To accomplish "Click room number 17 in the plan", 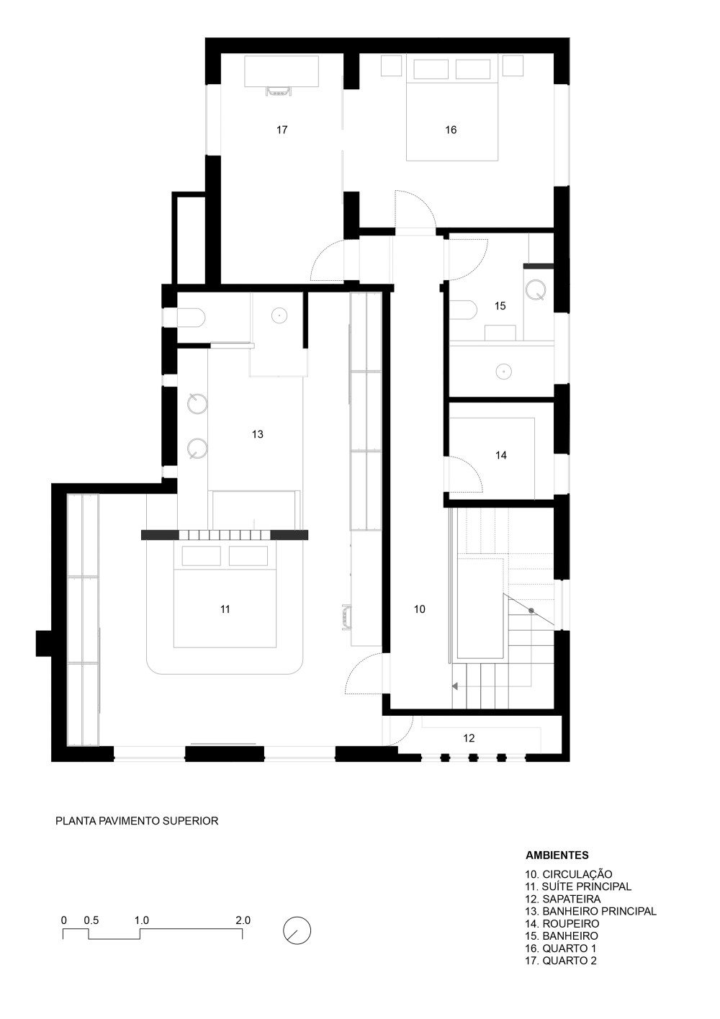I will click(x=282, y=130).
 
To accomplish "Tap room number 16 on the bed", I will click(x=451, y=130).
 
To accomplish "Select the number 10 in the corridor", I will click(x=420, y=609).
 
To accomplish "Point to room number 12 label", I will click(x=469, y=738).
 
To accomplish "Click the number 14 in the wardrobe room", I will click(x=501, y=455).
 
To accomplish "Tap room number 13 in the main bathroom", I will click(x=258, y=434).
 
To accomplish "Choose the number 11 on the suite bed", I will click(x=225, y=609).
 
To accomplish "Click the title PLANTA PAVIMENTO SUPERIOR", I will click(x=137, y=821).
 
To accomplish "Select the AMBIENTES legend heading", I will click(x=557, y=856).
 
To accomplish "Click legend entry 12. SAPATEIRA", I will click(x=563, y=899).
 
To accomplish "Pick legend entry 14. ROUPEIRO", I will click(x=562, y=923).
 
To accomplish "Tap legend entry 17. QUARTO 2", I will click(x=561, y=961).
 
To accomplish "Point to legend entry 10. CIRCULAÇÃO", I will click(x=569, y=874).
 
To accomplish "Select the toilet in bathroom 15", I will click(x=464, y=310).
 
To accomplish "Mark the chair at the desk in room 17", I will click(x=279, y=91).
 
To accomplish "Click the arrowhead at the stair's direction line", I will click(x=455, y=686).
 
